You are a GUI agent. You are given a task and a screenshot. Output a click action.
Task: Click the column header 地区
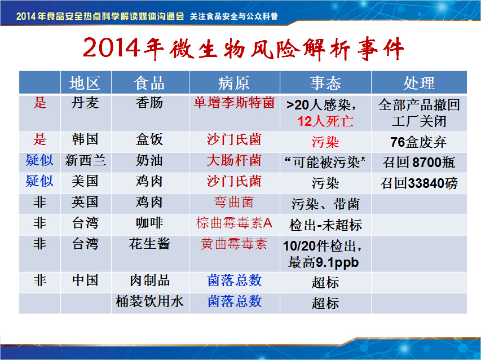tap(85, 83)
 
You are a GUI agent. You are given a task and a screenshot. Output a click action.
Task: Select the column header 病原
tap(234, 83)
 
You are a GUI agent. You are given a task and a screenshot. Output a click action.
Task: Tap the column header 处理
tap(419, 83)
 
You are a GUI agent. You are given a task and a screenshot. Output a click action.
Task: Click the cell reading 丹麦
tap(85, 103)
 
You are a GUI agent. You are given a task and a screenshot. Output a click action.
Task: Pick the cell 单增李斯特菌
tap(234, 103)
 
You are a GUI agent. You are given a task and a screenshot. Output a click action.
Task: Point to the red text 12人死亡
tap(325, 121)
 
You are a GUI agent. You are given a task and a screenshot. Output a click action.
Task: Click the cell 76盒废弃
tap(419, 142)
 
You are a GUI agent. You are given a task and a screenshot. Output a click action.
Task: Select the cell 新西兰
tap(85, 160)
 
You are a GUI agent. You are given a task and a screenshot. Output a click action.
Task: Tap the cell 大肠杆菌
tap(234, 160)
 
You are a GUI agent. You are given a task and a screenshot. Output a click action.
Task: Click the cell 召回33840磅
tap(419, 183)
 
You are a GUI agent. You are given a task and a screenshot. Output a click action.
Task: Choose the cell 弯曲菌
tap(234, 202)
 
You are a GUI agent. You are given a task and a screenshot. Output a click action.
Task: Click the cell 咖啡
tap(149, 223)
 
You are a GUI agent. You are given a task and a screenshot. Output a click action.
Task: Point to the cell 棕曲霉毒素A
tap(234, 223)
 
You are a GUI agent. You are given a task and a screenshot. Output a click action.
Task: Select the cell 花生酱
tap(149, 244)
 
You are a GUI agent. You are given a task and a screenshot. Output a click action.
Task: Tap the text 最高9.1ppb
tap(323, 263)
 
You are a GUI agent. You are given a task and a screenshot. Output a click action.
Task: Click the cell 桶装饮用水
tap(149, 301)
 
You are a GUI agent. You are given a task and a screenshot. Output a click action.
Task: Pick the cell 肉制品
tap(149, 280)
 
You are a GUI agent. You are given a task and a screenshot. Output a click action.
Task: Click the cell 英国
tap(85, 202)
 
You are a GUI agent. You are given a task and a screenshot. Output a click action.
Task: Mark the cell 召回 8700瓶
tap(419, 163)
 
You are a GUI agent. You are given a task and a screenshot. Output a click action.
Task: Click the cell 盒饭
tap(149, 139)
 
